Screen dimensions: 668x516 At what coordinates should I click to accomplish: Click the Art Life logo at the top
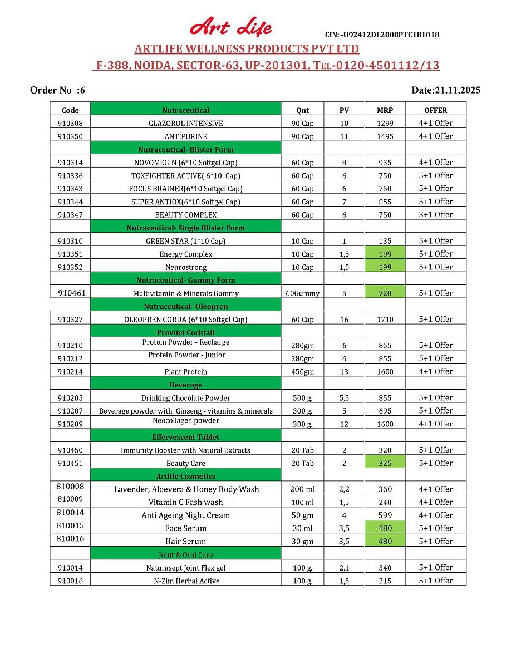pos(231,27)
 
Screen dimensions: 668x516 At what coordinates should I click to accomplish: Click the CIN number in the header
pos(382,35)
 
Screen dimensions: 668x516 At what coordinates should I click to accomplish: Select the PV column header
pos(344,110)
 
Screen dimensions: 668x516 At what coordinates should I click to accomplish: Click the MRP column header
pos(385,110)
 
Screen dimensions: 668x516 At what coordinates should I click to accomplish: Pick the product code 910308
pos(70,123)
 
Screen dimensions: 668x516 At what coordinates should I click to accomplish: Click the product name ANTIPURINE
pos(185,136)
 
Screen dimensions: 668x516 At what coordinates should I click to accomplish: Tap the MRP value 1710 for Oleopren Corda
pos(385,320)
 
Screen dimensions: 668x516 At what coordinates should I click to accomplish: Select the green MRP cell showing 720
pos(385,293)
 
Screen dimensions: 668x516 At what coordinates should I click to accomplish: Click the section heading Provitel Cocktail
pos(185,332)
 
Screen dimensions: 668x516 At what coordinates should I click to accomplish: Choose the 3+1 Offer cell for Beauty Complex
pos(436,215)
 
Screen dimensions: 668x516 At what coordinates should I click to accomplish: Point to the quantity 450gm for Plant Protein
pos(302,372)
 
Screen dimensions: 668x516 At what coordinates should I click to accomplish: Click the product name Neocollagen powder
pos(186,421)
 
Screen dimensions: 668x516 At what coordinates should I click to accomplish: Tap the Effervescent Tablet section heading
pos(185,437)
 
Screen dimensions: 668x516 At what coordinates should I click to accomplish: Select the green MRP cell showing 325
pos(385,463)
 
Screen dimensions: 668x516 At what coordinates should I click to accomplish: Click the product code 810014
pos(70,513)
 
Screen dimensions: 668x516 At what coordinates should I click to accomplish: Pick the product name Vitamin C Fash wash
pos(185,502)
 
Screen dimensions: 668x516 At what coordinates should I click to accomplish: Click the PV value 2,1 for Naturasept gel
pos(344,568)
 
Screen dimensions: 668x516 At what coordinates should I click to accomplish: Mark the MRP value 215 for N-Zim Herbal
pos(385,581)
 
